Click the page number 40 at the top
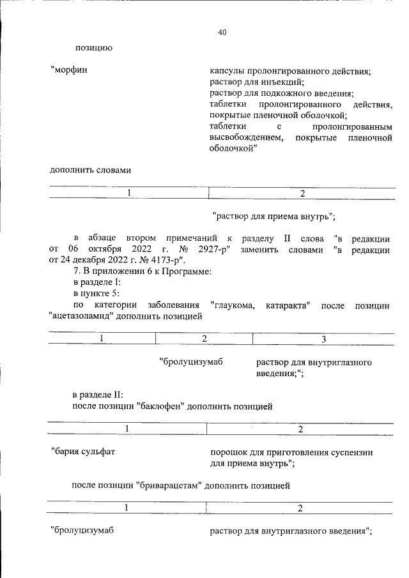click(x=222, y=33)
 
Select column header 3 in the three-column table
click(x=323, y=338)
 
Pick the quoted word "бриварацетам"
click(x=170, y=485)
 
